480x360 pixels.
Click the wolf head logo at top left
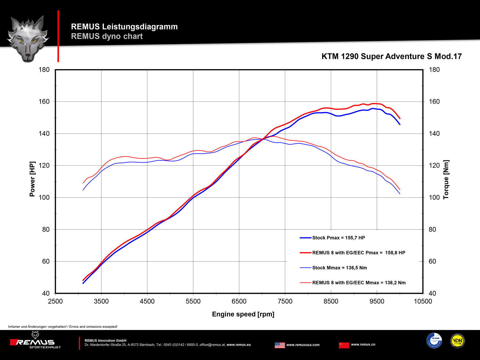pos(28,38)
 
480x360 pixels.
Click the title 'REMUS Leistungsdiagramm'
pos(124,27)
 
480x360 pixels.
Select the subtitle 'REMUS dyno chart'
pos(107,36)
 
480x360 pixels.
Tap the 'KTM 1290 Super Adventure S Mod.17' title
pos(391,56)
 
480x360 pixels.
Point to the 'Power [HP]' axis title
pos(32,179)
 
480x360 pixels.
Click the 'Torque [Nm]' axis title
pos(446,180)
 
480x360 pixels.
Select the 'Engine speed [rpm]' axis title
pos(243,314)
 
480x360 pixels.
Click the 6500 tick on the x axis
pos(239,301)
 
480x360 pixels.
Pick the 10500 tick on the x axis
pos(423,301)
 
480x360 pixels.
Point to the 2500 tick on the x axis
pos(55,301)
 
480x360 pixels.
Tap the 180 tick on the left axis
pos(44,70)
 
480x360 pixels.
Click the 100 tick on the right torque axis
pos(434,197)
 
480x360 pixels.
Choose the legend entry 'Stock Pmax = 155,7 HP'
pos(338,238)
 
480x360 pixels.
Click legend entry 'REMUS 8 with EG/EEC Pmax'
pos(358,253)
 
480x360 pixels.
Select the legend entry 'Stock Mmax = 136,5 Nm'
pos(339,268)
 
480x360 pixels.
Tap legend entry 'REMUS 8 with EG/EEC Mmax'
pos(359,283)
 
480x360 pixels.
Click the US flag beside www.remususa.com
pos(280,345)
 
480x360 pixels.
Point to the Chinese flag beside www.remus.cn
pos(344,345)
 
